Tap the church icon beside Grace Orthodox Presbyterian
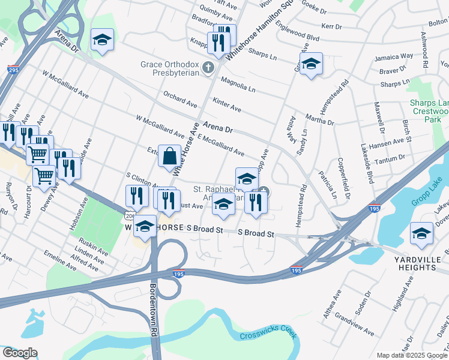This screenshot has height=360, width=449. (208, 67)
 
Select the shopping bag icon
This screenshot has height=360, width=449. (170, 157)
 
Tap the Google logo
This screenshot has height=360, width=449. (20, 353)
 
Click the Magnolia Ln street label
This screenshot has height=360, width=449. (238, 84)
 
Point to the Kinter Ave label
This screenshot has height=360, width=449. (227, 106)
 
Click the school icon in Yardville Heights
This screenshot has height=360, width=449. (421, 235)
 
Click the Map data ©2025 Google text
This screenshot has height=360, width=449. (412, 355)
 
